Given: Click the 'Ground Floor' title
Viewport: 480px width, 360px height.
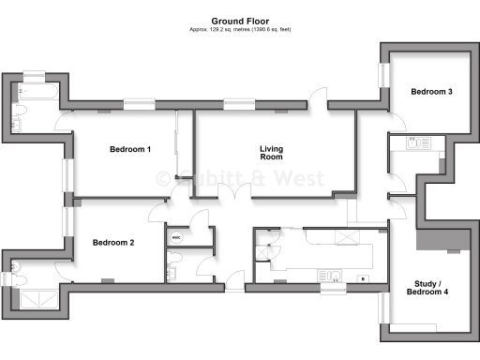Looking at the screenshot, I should (239, 20).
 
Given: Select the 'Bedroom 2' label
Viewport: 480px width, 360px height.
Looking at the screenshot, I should (113, 243).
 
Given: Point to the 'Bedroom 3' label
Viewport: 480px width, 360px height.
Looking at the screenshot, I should (431, 92).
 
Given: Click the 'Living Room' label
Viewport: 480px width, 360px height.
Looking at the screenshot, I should (272, 153).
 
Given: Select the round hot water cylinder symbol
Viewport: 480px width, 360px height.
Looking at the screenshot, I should (175, 238).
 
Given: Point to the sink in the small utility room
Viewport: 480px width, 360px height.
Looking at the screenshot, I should (414, 143).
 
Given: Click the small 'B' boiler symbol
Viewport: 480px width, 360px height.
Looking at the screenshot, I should (362, 279).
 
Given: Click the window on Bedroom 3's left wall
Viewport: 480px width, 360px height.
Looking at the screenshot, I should (382, 75).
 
